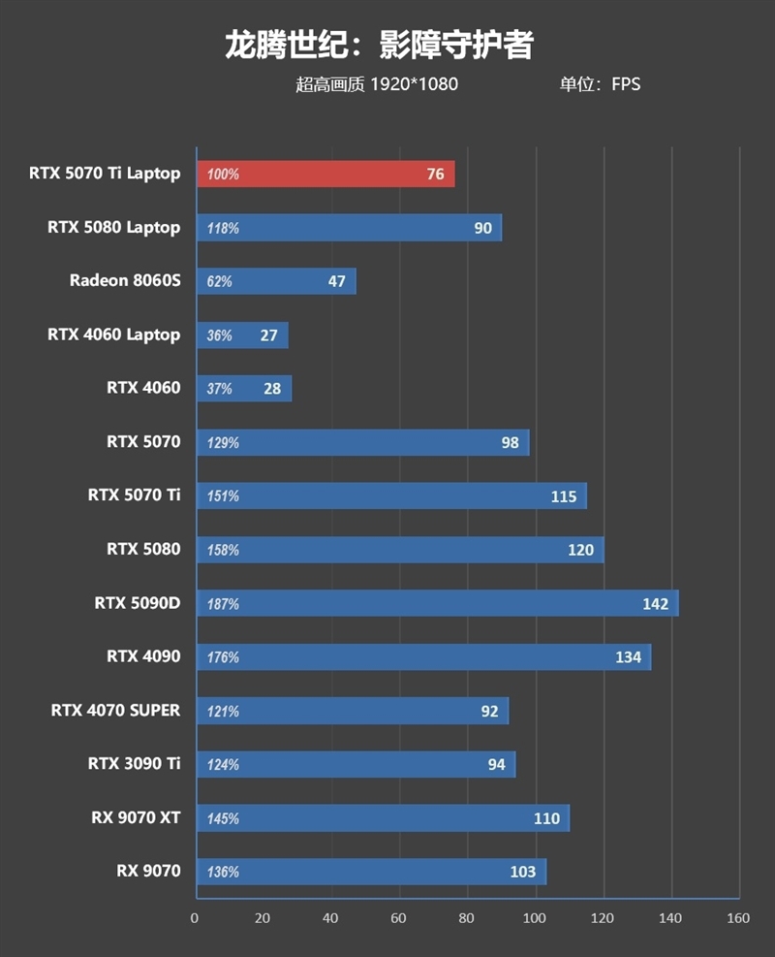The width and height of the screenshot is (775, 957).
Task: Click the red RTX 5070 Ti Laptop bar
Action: [325, 175]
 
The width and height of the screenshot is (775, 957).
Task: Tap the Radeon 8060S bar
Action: [276, 282]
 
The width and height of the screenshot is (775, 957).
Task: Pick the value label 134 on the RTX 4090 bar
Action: [628, 657]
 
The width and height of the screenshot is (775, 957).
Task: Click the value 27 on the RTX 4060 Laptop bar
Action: [268, 335]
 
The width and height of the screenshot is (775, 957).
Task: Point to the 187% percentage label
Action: [223, 604]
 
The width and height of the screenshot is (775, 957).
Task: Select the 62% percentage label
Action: [220, 282]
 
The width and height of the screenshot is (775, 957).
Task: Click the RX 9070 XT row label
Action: [136, 817]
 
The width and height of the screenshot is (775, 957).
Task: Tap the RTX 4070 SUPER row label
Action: [115, 710]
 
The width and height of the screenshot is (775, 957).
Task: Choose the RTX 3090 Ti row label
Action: [134, 764]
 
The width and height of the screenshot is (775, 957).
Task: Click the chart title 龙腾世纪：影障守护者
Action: [379, 45]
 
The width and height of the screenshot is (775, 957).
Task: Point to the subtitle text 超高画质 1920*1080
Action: [377, 84]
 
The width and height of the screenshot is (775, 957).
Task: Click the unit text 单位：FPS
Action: [600, 84]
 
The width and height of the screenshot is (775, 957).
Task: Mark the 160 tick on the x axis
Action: [738, 918]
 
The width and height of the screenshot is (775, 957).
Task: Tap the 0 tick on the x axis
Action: [195, 918]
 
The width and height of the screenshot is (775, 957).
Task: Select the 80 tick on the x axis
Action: [467, 918]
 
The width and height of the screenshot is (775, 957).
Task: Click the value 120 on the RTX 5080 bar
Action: [580, 550]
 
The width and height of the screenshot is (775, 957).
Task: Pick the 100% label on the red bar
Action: [223, 175]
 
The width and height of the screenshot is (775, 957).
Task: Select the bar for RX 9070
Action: [371, 872]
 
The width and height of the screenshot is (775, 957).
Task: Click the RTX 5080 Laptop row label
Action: [113, 228]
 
